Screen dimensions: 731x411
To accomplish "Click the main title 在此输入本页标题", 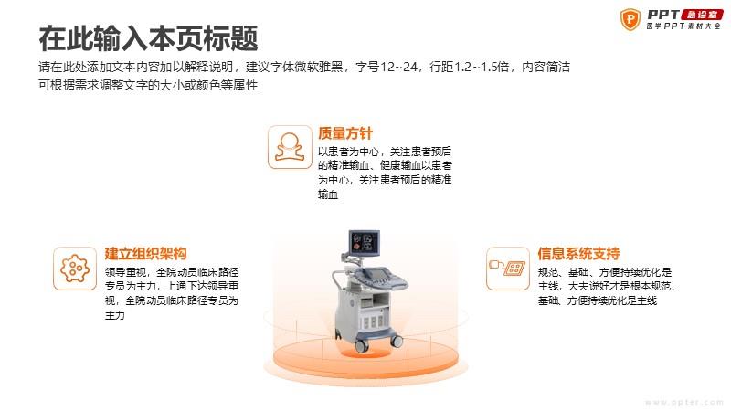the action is (x=148, y=38).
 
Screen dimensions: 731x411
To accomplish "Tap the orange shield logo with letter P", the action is (x=630, y=19).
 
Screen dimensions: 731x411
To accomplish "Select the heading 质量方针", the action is (x=345, y=133).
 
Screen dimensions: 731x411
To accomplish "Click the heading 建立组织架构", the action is (x=145, y=254).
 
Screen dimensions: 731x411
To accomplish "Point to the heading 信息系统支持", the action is (x=578, y=254).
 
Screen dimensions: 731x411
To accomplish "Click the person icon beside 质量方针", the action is (x=290, y=147).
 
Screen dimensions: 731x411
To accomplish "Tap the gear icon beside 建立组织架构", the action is (x=75, y=269).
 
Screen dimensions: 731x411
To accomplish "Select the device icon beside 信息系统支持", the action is (x=508, y=269).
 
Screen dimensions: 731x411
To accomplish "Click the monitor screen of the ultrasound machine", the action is (x=365, y=242).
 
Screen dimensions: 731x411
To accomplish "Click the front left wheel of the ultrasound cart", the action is (x=361, y=346).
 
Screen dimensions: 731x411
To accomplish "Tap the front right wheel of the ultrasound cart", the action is (x=397, y=342).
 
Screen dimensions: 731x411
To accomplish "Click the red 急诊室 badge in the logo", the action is (x=702, y=15).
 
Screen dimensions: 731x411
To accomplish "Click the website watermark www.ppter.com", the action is (x=683, y=402).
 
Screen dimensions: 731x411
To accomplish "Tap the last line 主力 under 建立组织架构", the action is (x=115, y=315).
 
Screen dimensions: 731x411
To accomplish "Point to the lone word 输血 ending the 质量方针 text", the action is (x=328, y=195).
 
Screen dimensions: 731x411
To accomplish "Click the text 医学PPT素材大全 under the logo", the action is (x=683, y=26).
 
